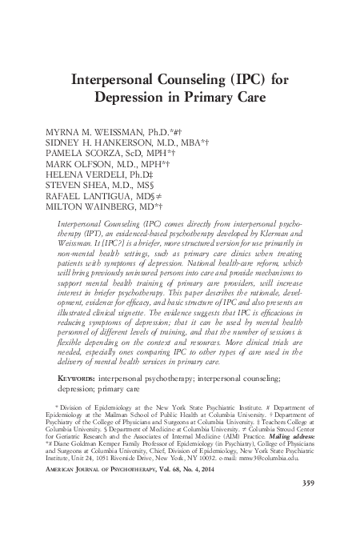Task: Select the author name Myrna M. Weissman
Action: coord(100,130)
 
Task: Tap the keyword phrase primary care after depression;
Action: coord(122,390)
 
